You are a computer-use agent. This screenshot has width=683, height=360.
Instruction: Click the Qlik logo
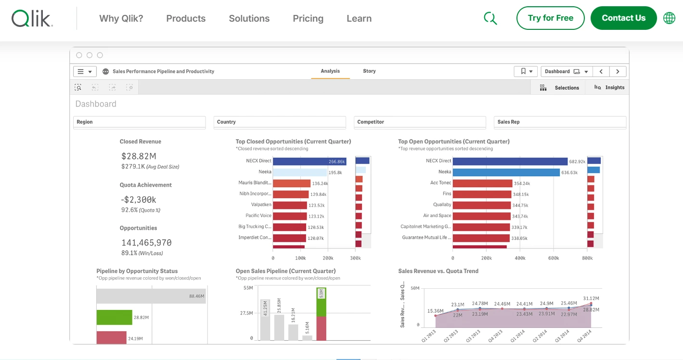coord(32,18)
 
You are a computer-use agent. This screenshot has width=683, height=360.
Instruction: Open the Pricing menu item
coord(308,19)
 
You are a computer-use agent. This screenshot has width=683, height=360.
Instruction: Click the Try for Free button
coord(550,18)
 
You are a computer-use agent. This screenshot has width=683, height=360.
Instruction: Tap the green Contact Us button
coord(623,18)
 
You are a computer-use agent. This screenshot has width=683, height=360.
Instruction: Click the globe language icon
coord(669,18)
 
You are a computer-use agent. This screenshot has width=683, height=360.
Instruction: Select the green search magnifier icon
coord(490,18)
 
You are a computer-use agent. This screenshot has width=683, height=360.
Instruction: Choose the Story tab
coord(369,71)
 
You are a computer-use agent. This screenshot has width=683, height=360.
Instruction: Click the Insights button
coord(609,88)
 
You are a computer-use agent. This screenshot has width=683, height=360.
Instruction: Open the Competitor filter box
coord(420,122)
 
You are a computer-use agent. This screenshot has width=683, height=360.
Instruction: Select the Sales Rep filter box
coord(560,122)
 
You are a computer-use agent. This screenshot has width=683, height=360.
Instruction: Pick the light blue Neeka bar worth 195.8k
coord(299,172)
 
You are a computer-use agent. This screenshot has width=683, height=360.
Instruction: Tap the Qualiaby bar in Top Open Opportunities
coord(482,205)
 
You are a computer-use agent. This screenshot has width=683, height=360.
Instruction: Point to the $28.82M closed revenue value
coord(139,156)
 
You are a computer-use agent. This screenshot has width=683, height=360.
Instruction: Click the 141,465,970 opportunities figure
coord(146,243)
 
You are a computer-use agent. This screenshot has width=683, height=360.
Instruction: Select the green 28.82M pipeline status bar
coord(114,318)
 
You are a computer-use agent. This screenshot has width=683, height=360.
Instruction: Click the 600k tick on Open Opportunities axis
coord(554,258)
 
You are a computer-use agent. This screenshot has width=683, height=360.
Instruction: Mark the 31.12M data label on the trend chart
coord(591,298)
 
